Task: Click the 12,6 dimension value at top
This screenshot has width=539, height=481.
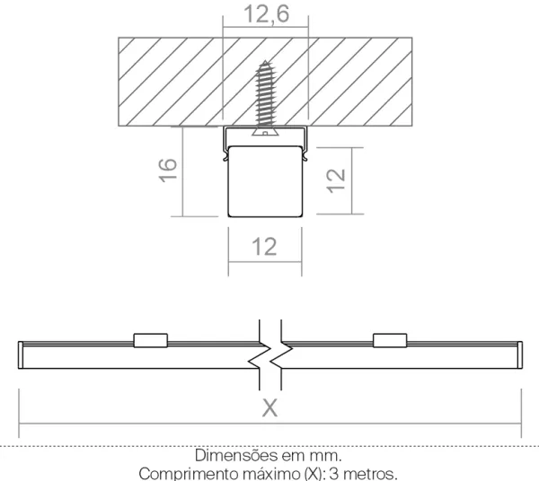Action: click(x=266, y=14)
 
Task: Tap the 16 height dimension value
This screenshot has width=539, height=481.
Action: click(x=168, y=170)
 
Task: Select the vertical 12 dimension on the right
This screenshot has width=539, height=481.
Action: click(x=336, y=181)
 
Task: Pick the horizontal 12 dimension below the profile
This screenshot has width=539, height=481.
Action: click(x=264, y=247)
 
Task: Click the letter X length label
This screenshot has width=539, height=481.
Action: click(x=269, y=408)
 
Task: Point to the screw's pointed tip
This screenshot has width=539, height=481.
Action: click(x=265, y=61)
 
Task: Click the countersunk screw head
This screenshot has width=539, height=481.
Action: click(x=265, y=132)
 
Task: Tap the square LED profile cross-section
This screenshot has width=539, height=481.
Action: click(x=265, y=181)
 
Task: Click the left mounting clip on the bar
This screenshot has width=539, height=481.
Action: click(x=151, y=340)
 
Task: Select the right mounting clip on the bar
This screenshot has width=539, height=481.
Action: click(x=390, y=340)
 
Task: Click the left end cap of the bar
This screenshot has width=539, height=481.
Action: click(x=21, y=355)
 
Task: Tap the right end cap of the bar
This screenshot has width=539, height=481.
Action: click(x=520, y=355)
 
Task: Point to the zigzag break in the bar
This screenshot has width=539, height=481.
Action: click(x=270, y=355)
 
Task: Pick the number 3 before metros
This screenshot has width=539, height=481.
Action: click(x=334, y=474)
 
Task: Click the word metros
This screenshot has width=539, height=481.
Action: click(x=370, y=474)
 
